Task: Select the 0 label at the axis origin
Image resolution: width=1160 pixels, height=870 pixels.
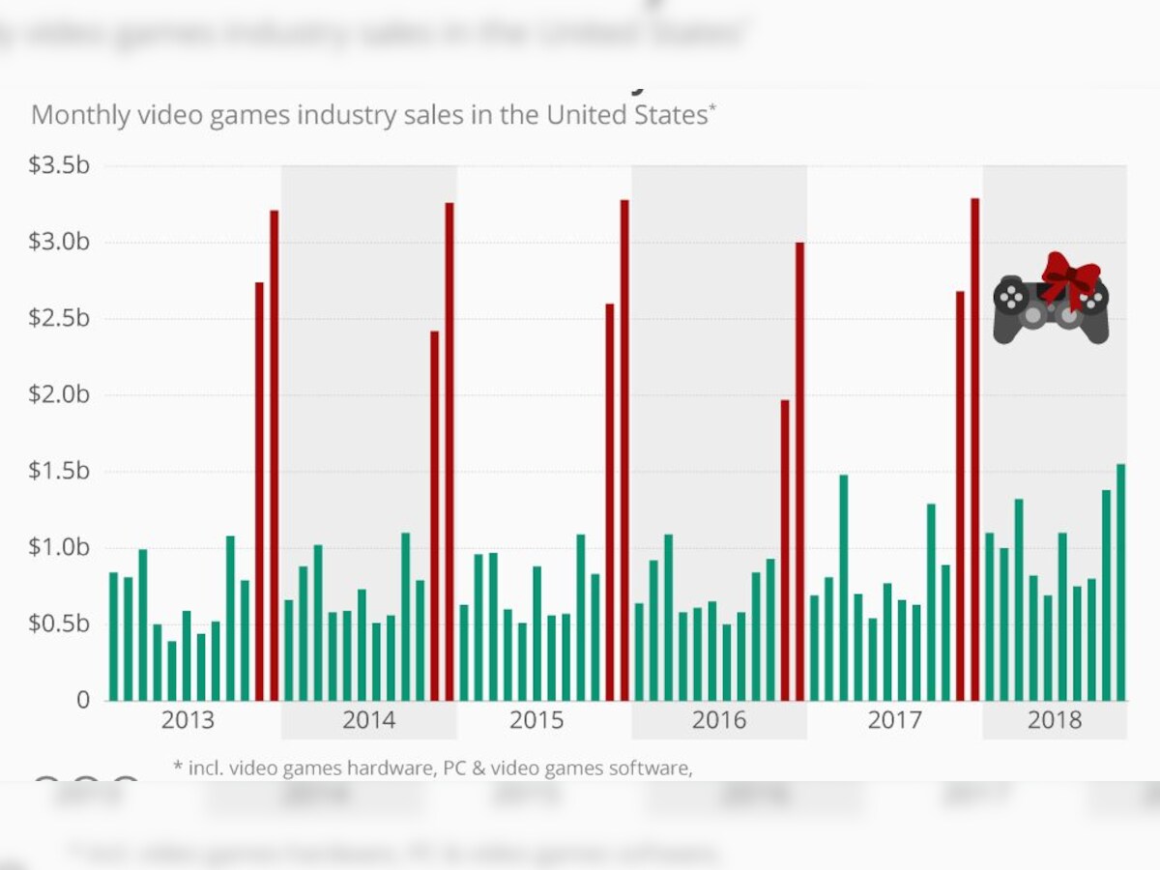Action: pyautogui.click(x=84, y=699)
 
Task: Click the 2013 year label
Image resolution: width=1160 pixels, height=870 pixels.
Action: pyautogui.click(x=188, y=720)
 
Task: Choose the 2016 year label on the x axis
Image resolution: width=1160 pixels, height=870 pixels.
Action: pyautogui.click(x=718, y=720)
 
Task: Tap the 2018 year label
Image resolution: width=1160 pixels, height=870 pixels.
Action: pyautogui.click(x=1054, y=720)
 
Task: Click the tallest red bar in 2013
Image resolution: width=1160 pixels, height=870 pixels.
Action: pyautogui.click(x=275, y=454)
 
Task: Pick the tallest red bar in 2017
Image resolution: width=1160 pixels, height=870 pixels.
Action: pyautogui.click(x=975, y=449)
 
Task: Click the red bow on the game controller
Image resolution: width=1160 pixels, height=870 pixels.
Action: pyautogui.click(x=1070, y=275)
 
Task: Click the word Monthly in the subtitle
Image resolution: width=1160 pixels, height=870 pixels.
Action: pyautogui.click(x=79, y=115)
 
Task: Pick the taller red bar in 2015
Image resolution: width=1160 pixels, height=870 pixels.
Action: pyautogui.click(x=624, y=449)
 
